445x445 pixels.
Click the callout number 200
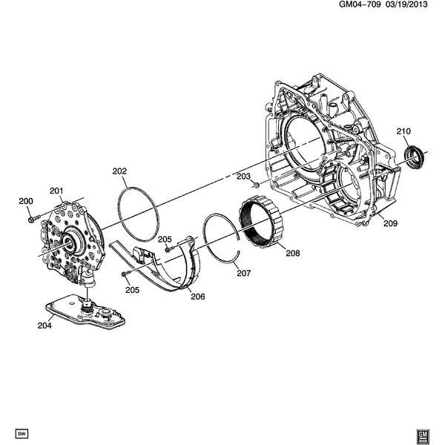coord(26,202)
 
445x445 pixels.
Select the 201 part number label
coord(57,191)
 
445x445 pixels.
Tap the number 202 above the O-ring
coord(120,171)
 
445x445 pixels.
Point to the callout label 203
coord(243,176)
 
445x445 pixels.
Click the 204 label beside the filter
coord(44,323)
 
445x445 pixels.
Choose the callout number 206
coord(197,297)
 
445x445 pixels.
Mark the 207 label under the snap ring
coord(244,273)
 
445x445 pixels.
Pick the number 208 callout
coord(292,253)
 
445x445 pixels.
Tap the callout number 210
coord(403,131)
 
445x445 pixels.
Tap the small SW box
coord(21,431)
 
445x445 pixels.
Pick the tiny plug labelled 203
coord(254,184)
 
